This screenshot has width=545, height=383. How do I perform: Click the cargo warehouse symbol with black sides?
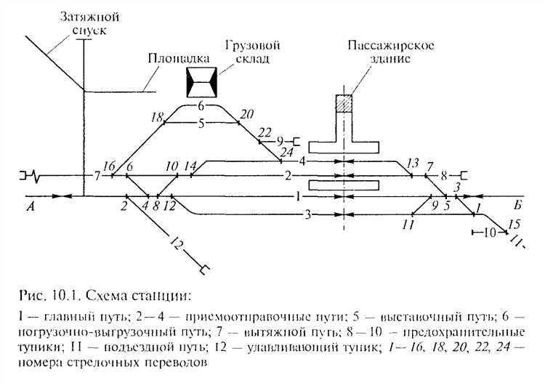(x=201, y=81)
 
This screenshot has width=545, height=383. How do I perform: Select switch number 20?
(x=246, y=114)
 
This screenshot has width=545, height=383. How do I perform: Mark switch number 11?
(x=408, y=225)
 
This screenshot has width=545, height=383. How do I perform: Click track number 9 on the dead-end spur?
(x=280, y=141)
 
